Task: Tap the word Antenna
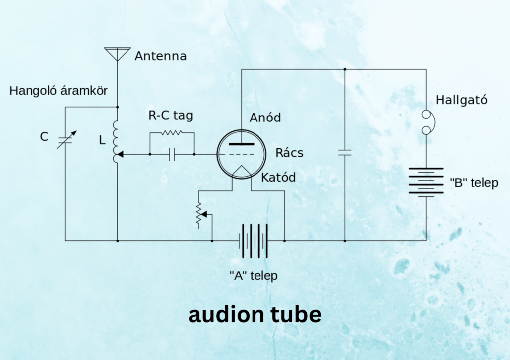(x=161, y=56)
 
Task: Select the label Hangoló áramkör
(x=58, y=91)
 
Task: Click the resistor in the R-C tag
(x=171, y=133)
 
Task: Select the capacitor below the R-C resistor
(x=172, y=155)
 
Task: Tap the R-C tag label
(x=170, y=116)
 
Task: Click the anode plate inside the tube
(x=242, y=144)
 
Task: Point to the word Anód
(x=265, y=118)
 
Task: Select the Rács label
(x=289, y=153)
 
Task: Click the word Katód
(x=278, y=177)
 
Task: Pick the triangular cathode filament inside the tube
(x=242, y=171)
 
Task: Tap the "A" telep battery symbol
(x=253, y=240)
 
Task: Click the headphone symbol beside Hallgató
(x=427, y=122)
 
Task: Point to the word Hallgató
(x=461, y=100)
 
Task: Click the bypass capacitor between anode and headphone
(x=344, y=152)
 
